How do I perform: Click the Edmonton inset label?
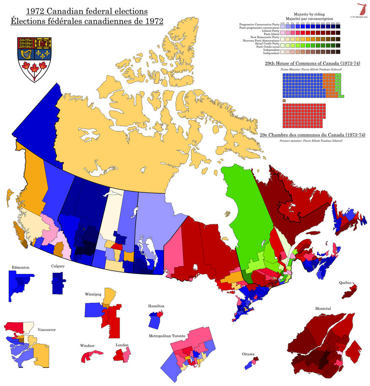(x=20, y=267)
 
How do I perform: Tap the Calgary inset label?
(x=58, y=266)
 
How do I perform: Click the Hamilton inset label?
(x=156, y=306)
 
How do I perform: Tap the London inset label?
(x=122, y=345)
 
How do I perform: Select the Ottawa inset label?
(x=248, y=354)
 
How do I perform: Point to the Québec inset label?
(x=345, y=282)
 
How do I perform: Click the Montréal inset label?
(x=323, y=309)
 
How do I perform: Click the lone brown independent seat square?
(x=285, y=101)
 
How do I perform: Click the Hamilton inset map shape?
(x=155, y=320)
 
